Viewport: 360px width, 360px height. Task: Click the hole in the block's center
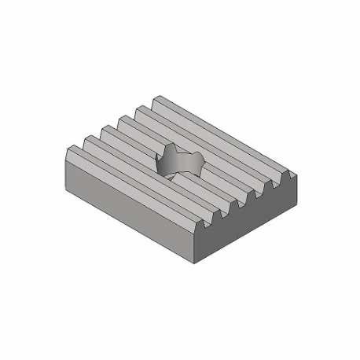pyautogui.click(x=179, y=160)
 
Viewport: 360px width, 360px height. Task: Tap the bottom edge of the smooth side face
pyautogui.click(x=134, y=230)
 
